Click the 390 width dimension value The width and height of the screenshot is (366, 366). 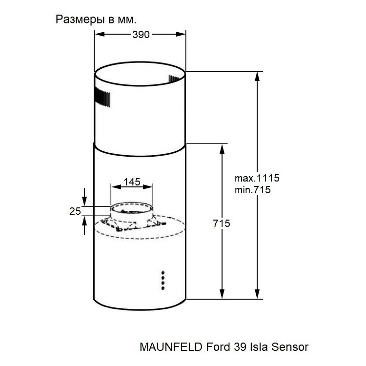click(141, 35)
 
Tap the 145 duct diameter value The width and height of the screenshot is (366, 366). click(132, 182)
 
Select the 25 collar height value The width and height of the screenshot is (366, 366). click(75, 211)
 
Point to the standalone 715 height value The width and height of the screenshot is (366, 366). click(221, 224)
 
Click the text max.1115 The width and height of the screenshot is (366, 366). click(257, 178)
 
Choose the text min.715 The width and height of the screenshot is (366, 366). click(253, 189)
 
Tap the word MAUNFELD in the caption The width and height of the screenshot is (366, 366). click(171, 347)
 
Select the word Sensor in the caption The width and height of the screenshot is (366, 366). click(290, 347)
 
